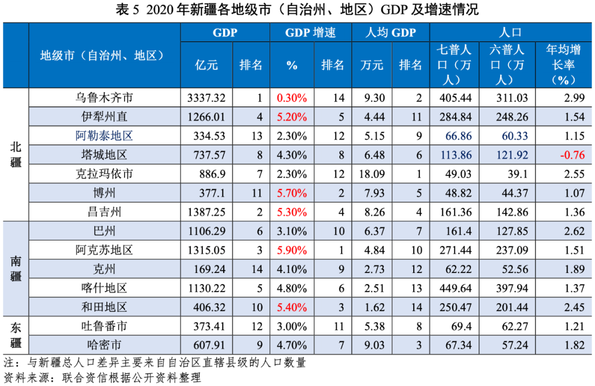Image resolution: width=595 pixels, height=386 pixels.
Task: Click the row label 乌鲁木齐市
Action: [x=104, y=98]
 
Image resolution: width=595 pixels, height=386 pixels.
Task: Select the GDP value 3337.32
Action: [x=206, y=98]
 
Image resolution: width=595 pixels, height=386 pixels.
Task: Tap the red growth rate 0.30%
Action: [x=291, y=98]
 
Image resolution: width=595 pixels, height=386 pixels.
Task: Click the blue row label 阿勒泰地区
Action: [x=104, y=136]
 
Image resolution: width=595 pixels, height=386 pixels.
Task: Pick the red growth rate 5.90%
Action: [x=291, y=250]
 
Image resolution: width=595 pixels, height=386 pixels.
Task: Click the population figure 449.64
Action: [x=453, y=288]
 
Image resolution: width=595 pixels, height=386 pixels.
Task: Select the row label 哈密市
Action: [x=104, y=345]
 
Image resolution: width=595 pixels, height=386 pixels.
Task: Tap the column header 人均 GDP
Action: [x=391, y=33]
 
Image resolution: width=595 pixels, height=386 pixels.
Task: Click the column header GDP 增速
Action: [x=310, y=33]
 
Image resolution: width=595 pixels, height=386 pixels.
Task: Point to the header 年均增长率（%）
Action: [x=563, y=65]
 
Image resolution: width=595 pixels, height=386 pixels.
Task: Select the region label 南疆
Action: [x=15, y=269]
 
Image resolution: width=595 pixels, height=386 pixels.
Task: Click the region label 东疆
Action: [x=15, y=335]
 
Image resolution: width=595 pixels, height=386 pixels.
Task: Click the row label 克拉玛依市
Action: [x=104, y=174]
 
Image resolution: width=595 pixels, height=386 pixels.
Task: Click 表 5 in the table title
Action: [x=128, y=9]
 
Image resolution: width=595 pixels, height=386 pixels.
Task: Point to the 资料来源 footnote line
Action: [x=102, y=378]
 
